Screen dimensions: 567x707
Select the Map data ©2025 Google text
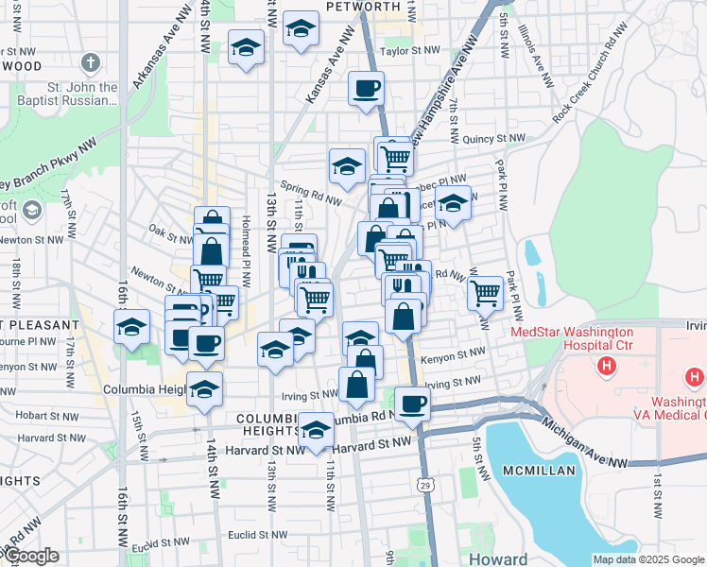tap(647, 559)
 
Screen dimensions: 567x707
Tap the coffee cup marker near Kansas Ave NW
tap(366, 90)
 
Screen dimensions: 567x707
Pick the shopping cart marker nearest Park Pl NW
tap(485, 292)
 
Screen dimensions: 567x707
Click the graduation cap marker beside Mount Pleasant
tap(131, 327)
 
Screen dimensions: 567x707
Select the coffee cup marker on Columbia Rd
tap(411, 404)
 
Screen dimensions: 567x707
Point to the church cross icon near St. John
tap(91, 64)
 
